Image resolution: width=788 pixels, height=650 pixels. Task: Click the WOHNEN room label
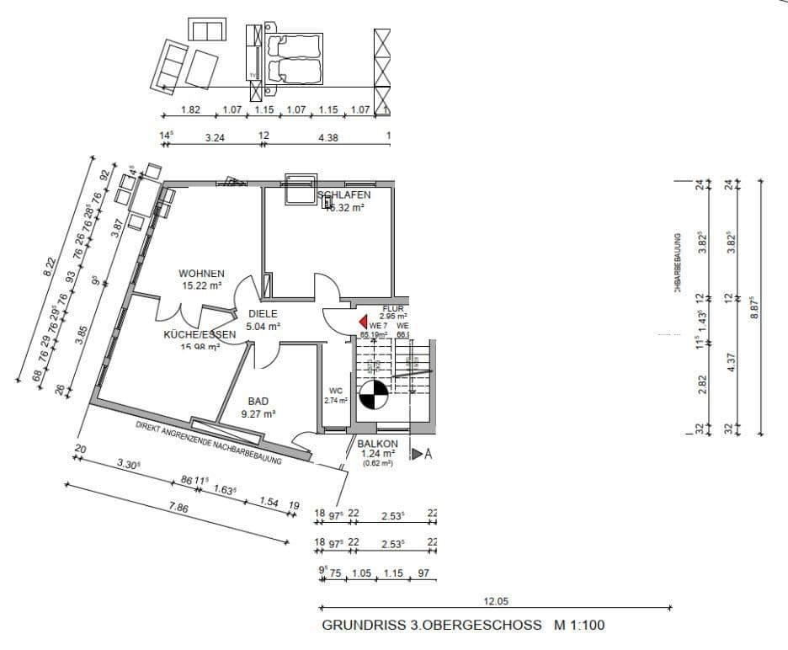201,274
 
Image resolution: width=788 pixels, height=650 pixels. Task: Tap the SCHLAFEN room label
343,195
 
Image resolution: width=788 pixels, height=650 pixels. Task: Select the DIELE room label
262,313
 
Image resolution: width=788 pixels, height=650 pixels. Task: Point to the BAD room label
258,402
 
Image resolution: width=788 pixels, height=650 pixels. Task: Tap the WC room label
335,391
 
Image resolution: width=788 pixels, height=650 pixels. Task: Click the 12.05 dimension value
497,601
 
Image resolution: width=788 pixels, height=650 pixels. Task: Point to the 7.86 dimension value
178,508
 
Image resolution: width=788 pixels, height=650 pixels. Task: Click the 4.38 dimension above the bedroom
327,138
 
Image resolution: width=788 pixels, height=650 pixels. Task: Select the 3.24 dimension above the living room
215,138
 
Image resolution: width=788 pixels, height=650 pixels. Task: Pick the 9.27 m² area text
258,413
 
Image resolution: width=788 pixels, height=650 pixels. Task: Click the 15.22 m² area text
201,286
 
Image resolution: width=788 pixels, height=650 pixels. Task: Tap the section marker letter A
428,454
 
